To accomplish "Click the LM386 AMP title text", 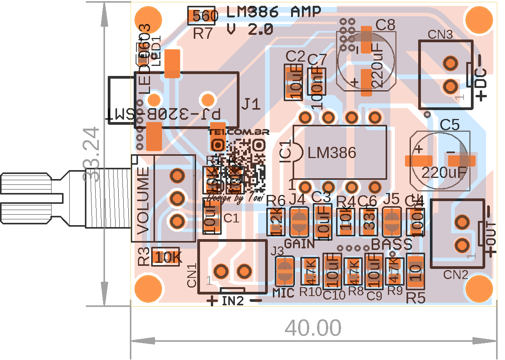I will (273, 12).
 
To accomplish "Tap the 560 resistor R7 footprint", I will (202, 16).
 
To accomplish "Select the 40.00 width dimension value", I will (313, 328).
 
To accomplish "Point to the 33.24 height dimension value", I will (92, 154).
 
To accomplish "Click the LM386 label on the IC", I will (332, 153).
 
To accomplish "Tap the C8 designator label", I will (385, 25).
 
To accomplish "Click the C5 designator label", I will (450, 125).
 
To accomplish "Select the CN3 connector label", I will (440, 34).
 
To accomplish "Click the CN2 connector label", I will (455, 275).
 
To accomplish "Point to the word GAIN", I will (299, 244).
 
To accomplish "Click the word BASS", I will (391, 245).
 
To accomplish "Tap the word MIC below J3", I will (283, 293).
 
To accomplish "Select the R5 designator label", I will (415, 298).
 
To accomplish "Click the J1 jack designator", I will (251, 104).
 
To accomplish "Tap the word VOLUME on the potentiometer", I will (143, 200).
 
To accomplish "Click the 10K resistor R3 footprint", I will (166, 257).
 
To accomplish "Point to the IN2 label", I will (233, 301).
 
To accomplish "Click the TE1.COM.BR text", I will (238, 132).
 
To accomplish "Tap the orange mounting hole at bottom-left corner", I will (148, 289).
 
